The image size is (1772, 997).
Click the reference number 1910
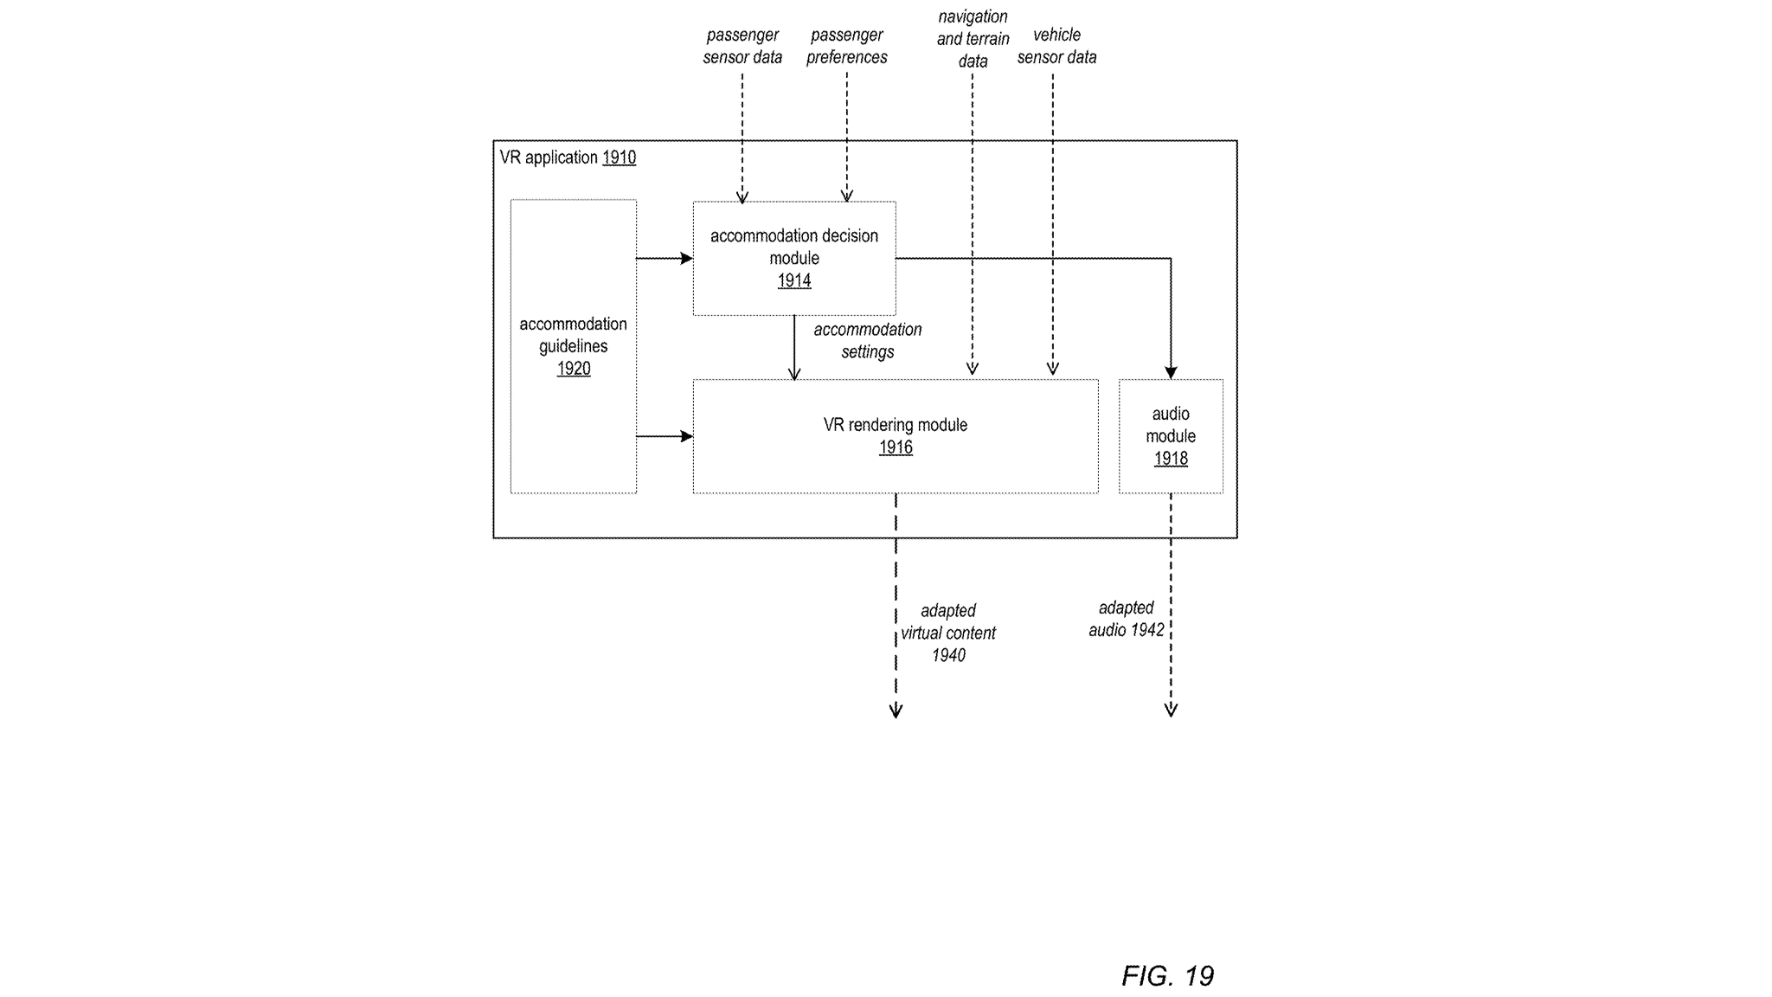point(619,158)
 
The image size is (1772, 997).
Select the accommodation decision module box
point(793,258)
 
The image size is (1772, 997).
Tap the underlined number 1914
point(794,280)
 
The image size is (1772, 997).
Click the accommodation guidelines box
point(573,346)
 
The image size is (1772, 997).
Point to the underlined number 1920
point(574,369)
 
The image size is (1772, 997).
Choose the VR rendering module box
point(895,436)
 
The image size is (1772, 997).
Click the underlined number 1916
point(896,447)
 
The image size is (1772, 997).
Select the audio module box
point(1170,436)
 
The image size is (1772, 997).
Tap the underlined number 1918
point(1171,459)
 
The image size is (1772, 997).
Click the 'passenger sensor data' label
point(742,46)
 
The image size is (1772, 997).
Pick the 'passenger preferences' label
point(846,46)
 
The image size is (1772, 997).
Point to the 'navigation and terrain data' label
point(973,39)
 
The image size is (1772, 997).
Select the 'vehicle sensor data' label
point(1056,46)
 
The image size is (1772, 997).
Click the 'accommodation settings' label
point(867,341)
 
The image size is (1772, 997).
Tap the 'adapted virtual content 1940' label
point(947,633)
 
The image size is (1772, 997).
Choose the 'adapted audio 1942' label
point(1126,619)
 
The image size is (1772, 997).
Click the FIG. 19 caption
point(1167,976)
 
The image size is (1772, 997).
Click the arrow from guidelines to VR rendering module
point(664,436)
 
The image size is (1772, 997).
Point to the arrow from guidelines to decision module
point(664,258)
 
